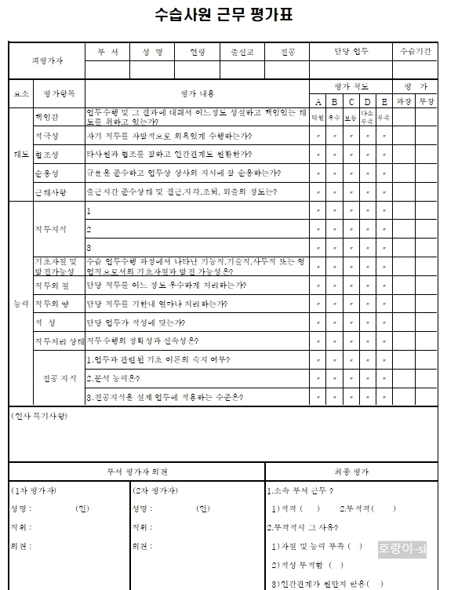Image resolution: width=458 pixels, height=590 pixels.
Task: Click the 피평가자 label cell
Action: coord(47,60)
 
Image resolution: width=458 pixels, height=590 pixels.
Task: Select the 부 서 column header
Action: coord(107,52)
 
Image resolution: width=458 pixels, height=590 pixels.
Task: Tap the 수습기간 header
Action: coord(415,52)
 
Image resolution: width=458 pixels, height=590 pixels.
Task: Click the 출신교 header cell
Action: coord(242,52)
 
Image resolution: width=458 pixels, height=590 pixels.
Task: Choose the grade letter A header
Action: coord(318,102)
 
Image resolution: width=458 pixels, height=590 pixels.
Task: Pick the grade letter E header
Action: coord(384,102)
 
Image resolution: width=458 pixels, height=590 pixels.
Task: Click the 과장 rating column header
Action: coord(404,101)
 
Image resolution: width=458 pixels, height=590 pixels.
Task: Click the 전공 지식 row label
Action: coord(59,378)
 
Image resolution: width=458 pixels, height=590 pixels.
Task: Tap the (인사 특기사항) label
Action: coord(39,415)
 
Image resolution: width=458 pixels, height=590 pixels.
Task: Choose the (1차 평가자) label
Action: coord(35,490)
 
